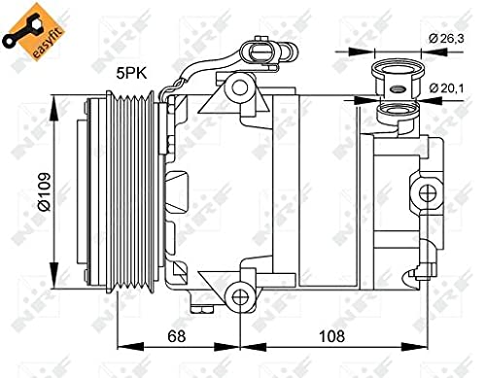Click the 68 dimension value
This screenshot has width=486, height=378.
pyautogui.click(x=176, y=336)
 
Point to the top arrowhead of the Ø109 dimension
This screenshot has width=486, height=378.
pyautogui.click(x=53, y=100)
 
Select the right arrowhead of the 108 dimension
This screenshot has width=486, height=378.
pyautogui.click(x=428, y=346)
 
